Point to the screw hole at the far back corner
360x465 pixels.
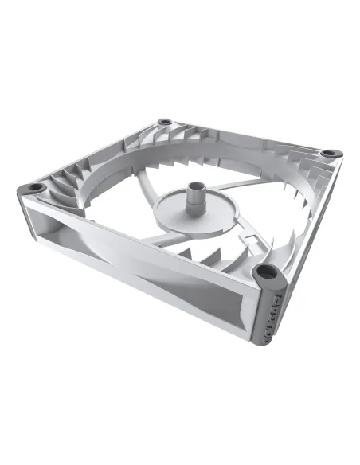(164, 122)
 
